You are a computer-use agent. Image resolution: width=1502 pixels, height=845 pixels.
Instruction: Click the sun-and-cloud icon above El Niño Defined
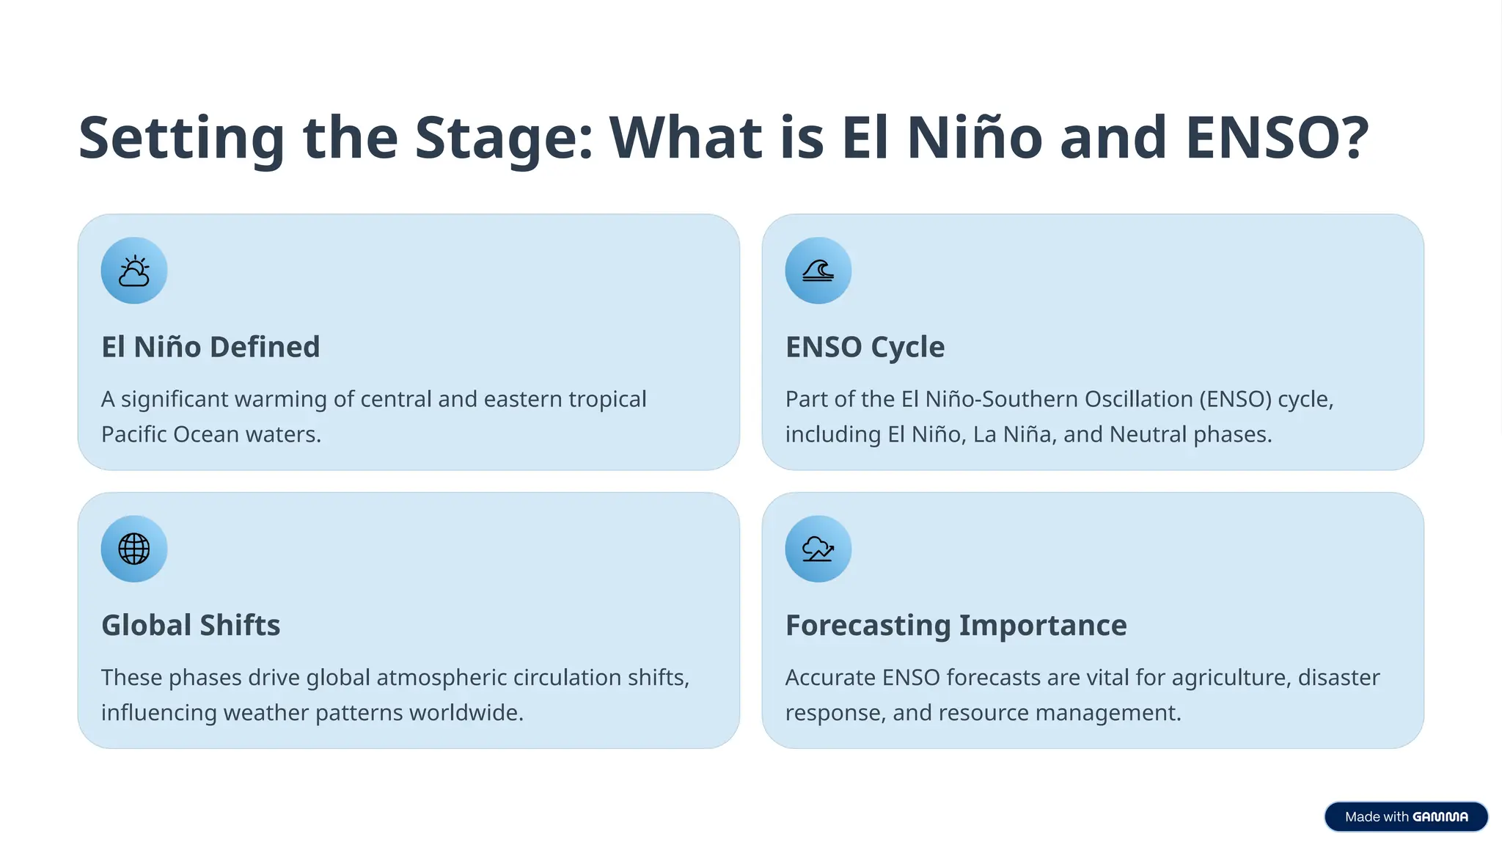tap(134, 271)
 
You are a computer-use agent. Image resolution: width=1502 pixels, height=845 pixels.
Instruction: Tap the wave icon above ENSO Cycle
tap(818, 271)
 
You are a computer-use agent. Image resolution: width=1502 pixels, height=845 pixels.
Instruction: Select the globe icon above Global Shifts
tap(134, 549)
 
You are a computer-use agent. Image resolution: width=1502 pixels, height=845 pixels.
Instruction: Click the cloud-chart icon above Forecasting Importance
tap(818, 549)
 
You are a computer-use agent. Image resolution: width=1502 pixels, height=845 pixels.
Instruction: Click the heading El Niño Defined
tap(210, 347)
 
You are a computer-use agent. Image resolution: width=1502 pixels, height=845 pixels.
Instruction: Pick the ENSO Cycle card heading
tap(865, 347)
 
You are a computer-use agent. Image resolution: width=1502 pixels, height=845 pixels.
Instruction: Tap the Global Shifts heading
tap(191, 625)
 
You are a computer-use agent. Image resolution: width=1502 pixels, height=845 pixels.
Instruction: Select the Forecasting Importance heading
tap(956, 625)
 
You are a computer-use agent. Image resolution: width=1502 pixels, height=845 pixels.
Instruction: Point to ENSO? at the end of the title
tap(1277, 138)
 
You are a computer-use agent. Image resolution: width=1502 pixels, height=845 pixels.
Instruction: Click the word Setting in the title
tap(181, 138)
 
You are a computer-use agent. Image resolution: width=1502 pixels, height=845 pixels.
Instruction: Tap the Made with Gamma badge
tap(1405, 816)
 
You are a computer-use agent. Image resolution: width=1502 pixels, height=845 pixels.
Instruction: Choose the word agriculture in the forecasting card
tap(1231, 677)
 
